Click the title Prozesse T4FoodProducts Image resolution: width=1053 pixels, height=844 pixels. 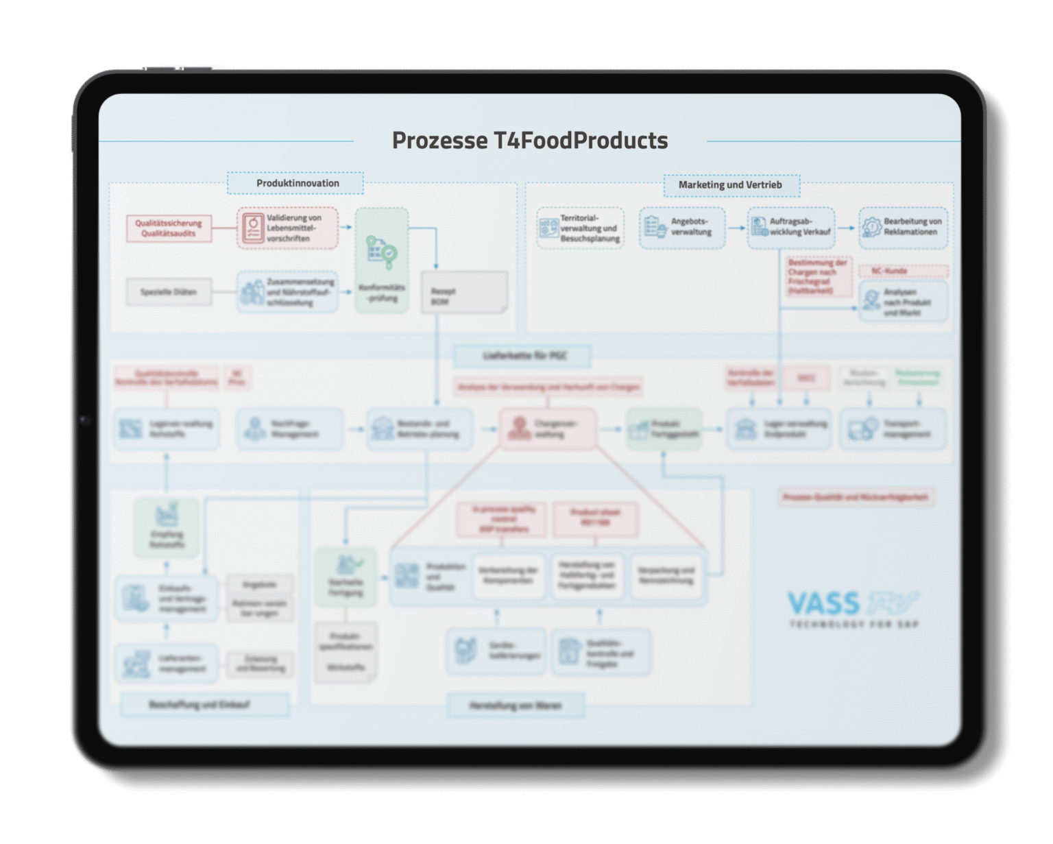coord(529,141)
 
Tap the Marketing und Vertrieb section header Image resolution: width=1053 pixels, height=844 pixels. coord(731,185)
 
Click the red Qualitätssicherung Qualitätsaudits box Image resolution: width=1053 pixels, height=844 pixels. coord(169,228)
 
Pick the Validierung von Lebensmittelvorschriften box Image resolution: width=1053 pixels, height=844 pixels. coord(288,228)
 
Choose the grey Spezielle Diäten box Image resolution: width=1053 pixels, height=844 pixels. coord(169,292)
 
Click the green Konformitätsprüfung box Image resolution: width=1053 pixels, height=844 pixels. coord(382,261)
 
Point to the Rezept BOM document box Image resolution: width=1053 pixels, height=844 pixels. coord(464,293)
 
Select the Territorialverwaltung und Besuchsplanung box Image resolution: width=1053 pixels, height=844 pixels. coord(581,228)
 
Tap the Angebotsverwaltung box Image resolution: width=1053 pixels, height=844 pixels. coord(682,228)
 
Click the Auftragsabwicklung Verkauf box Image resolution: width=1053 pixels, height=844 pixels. coord(791,228)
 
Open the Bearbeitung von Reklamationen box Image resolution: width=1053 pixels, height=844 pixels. coord(903,228)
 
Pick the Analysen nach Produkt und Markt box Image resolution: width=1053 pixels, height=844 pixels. coord(903,302)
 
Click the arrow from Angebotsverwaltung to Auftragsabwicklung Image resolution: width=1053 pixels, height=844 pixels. coord(736,228)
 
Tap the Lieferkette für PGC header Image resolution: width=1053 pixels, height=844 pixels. coord(522,356)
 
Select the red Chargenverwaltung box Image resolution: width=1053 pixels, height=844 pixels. coord(547,429)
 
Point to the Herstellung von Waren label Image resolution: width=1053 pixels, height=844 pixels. coord(516,706)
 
